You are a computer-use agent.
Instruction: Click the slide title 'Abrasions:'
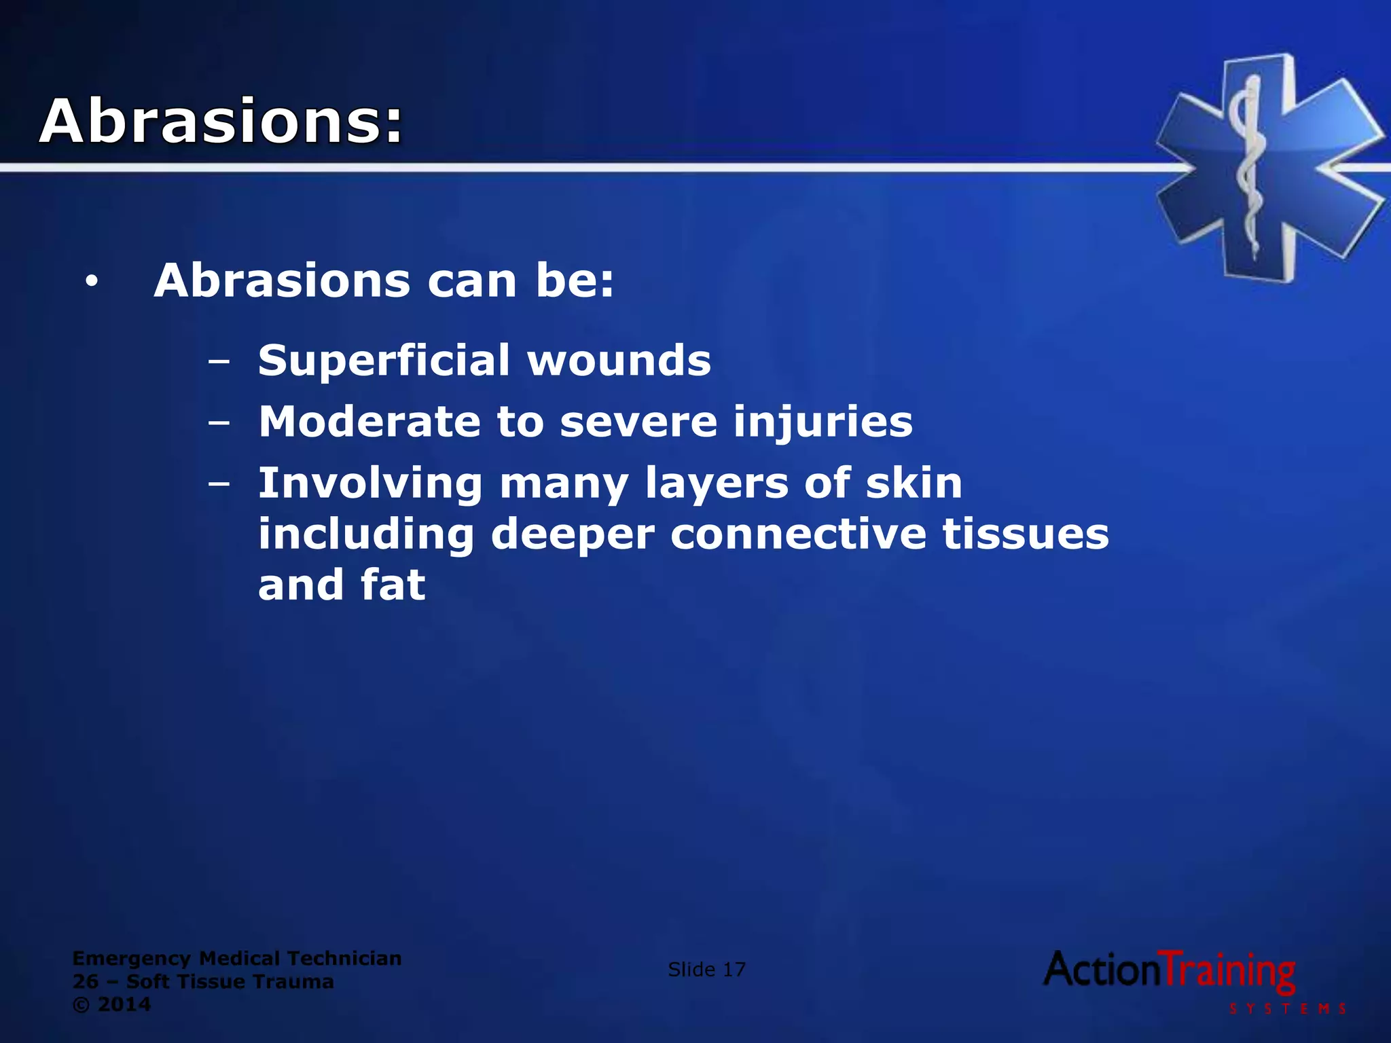click(221, 122)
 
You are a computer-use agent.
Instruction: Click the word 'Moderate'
click(369, 422)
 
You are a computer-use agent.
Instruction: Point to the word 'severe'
click(638, 422)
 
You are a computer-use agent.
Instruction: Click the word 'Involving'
click(370, 483)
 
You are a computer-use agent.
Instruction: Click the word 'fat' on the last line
click(393, 585)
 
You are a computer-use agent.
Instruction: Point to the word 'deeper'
click(573, 535)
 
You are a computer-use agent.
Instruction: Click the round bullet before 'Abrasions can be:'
click(92, 281)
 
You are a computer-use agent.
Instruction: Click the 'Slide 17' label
click(706, 970)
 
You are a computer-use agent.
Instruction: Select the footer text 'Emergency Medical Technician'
click(236, 958)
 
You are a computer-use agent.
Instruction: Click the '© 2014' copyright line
click(111, 1004)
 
